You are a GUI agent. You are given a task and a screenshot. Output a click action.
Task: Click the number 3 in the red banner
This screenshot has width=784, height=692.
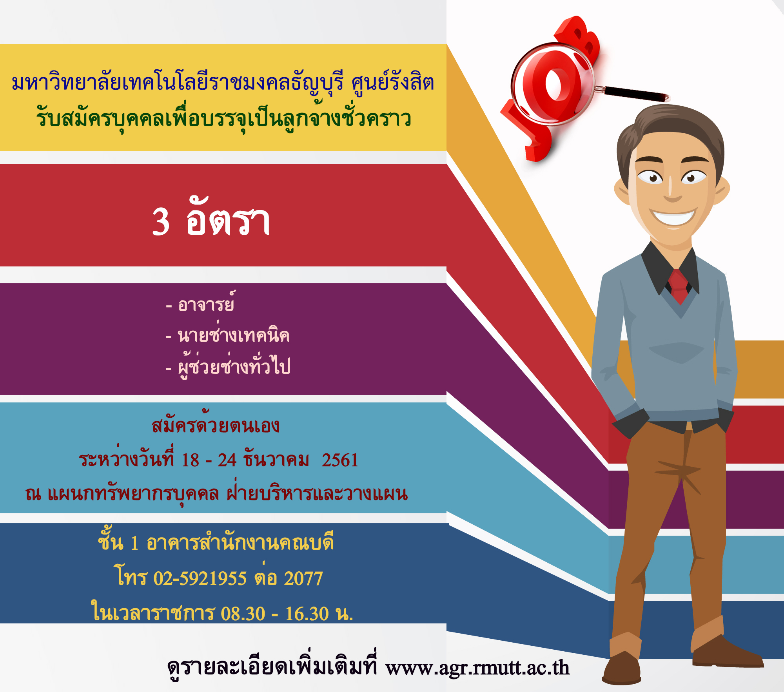click(161, 222)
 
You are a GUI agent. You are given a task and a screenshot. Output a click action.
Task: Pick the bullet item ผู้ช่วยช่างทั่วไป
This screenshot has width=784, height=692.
click(234, 366)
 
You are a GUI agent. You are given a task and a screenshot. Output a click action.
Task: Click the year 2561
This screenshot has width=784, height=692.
click(340, 460)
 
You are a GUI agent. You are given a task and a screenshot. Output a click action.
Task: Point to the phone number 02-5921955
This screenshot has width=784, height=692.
click(200, 578)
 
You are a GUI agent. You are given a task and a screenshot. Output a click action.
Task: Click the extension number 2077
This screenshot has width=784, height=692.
click(303, 578)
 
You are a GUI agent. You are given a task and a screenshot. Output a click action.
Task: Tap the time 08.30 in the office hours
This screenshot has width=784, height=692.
click(243, 614)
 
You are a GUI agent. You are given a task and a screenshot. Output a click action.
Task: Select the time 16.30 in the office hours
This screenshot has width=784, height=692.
click(307, 614)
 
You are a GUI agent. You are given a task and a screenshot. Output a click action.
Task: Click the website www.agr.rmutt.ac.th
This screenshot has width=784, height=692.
click(477, 668)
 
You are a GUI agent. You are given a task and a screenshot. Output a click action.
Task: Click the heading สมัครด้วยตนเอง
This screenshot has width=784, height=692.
click(216, 423)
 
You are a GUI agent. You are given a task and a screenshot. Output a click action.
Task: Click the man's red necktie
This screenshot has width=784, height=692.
click(679, 286)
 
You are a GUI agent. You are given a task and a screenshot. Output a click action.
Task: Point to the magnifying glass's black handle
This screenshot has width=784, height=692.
click(635, 94)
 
